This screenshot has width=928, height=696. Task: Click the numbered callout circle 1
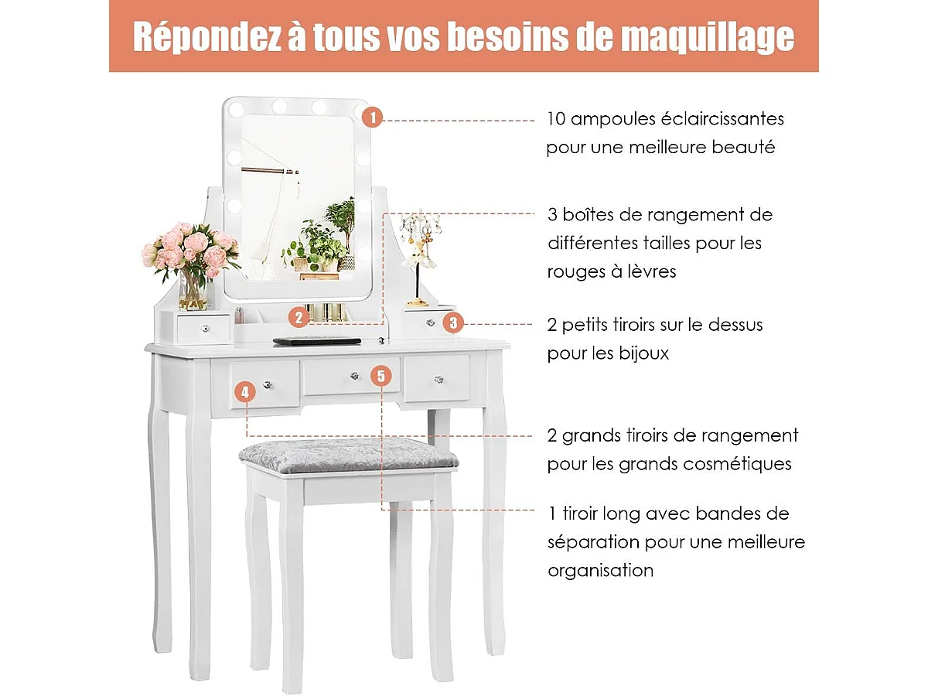(x=372, y=118)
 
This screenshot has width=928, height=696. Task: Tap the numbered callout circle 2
(x=298, y=316)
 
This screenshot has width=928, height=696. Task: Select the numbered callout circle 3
(x=453, y=322)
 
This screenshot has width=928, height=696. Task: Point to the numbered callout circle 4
(x=245, y=392)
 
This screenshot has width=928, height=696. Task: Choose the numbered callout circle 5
(x=380, y=376)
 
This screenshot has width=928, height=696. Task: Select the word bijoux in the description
(x=643, y=353)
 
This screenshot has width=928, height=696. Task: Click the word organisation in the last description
(x=600, y=571)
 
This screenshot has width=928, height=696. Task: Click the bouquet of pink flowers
(x=190, y=249)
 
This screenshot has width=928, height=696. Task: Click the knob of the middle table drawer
(x=352, y=377)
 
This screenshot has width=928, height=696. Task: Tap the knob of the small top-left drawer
(x=205, y=329)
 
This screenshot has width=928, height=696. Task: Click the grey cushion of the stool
(x=348, y=454)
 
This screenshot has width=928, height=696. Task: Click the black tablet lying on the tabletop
(x=317, y=339)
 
